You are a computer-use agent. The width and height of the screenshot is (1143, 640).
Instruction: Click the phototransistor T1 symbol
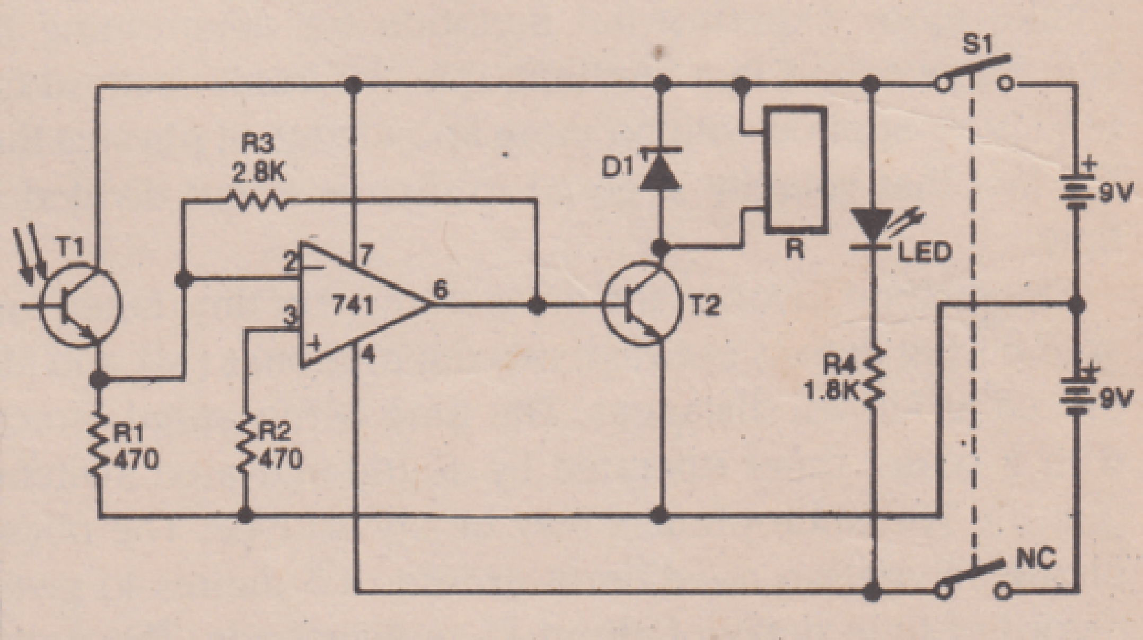(80, 306)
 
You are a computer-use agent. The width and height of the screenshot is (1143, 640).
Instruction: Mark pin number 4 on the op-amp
(367, 353)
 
